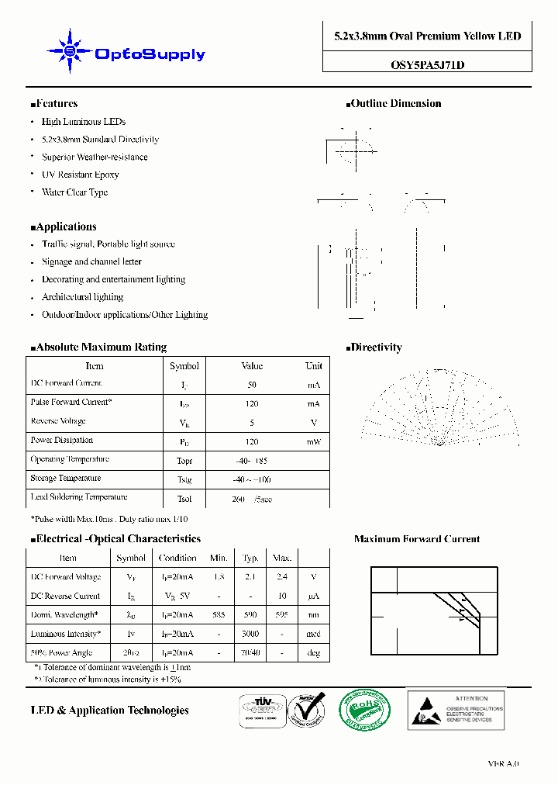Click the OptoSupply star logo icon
tap(71, 51)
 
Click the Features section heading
tap(54, 103)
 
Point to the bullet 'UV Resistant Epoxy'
tap(80, 175)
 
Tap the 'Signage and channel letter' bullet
tap(91, 261)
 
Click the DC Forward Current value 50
tap(252, 385)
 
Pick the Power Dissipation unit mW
tap(313, 441)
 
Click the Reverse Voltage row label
tap(58, 421)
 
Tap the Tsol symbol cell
tap(184, 499)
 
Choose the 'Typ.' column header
tap(250, 558)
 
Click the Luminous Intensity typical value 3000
tap(250, 634)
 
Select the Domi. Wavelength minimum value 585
tap(219, 614)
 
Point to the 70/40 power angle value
tap(250, 653)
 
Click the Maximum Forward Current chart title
tap(417, 539)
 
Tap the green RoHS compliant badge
tap(366, 708)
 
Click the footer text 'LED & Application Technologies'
tap(109, 711)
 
